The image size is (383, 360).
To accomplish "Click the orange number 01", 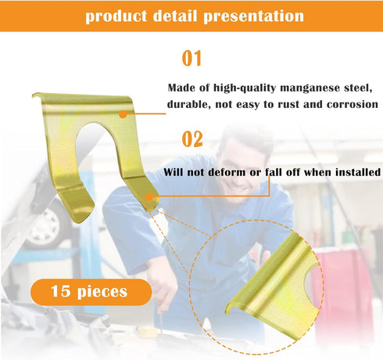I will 192,59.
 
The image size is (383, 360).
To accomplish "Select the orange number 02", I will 192,139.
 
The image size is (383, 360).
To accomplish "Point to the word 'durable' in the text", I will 188,104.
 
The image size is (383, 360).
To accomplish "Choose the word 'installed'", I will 353,171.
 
